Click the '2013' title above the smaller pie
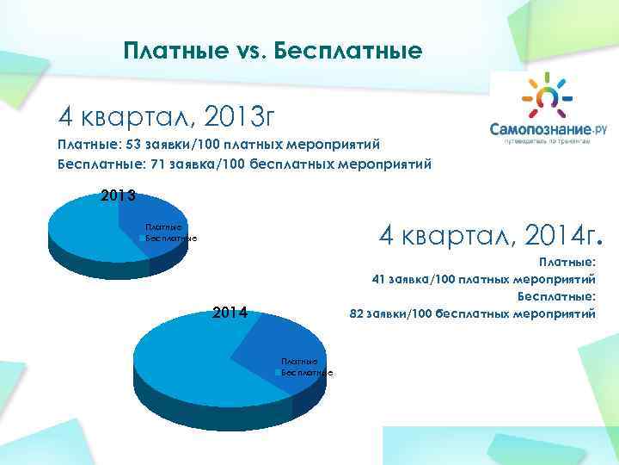click(x=118, y=195)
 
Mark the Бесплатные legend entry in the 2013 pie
click(x=170, y=238)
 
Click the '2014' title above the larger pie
click(x=230, y=313)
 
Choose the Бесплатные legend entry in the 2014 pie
click(x=306, y=372)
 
